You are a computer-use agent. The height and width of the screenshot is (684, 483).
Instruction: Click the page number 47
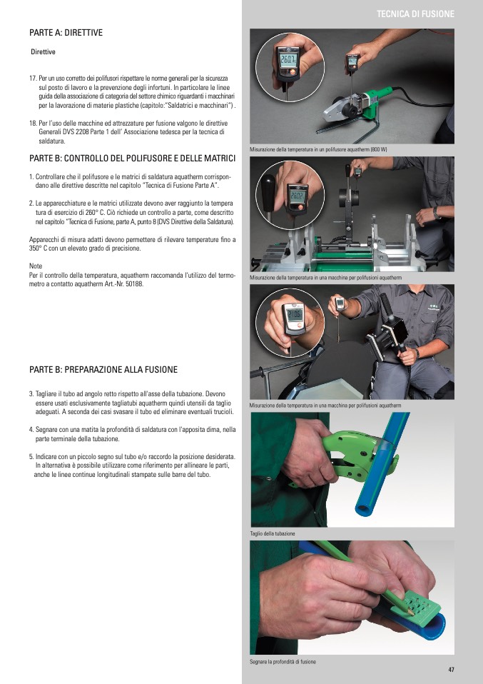point(451,670)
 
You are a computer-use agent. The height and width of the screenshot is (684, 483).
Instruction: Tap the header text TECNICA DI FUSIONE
point(415,14)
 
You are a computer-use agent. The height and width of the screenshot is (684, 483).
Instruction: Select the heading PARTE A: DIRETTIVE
point(66,33)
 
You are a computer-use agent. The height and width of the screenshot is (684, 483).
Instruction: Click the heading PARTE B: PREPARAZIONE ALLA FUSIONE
point(103,370)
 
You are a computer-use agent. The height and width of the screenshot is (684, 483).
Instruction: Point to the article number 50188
point(135,284)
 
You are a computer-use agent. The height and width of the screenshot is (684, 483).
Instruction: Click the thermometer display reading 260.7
point(288,60)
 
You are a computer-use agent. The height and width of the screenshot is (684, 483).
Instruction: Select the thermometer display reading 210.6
point(293,316)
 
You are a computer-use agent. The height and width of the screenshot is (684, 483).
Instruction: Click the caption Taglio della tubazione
point(273,533)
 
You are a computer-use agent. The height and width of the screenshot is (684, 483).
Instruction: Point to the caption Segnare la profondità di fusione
point(283,662)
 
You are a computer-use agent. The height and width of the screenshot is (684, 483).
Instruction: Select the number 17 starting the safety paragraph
point(33,79)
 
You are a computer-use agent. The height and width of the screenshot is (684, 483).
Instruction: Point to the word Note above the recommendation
point(35,266)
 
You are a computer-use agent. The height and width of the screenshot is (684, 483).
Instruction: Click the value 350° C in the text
point(38,248)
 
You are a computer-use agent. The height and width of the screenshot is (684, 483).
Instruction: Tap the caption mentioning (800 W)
point(318,150)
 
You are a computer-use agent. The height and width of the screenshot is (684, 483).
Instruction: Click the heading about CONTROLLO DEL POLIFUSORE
point(132,159)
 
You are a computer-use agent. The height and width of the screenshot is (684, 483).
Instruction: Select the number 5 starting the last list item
point(31,457)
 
